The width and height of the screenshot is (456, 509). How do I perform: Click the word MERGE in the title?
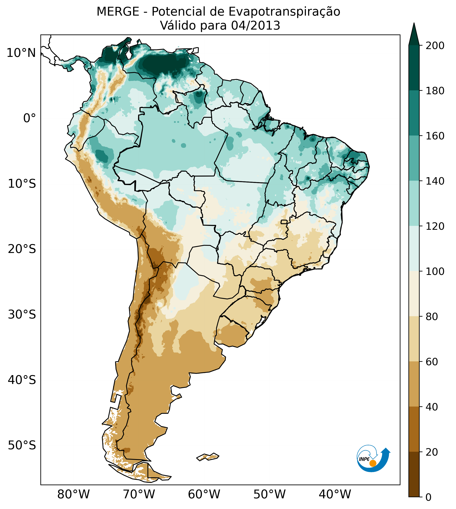(x=118, y=12)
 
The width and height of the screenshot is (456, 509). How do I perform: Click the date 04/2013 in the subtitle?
(x=256, y=26)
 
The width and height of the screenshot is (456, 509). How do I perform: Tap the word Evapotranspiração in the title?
(x=284, y=12)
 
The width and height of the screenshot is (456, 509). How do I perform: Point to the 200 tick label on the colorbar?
(x=435, y=46)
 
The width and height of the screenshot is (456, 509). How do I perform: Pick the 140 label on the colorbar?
(x=435, y=181)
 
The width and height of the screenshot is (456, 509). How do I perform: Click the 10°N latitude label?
(x=21, y=53)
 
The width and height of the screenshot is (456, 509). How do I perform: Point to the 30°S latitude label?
(x=22, y=314)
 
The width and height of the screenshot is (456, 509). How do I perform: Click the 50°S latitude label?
(x=22, y=445)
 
